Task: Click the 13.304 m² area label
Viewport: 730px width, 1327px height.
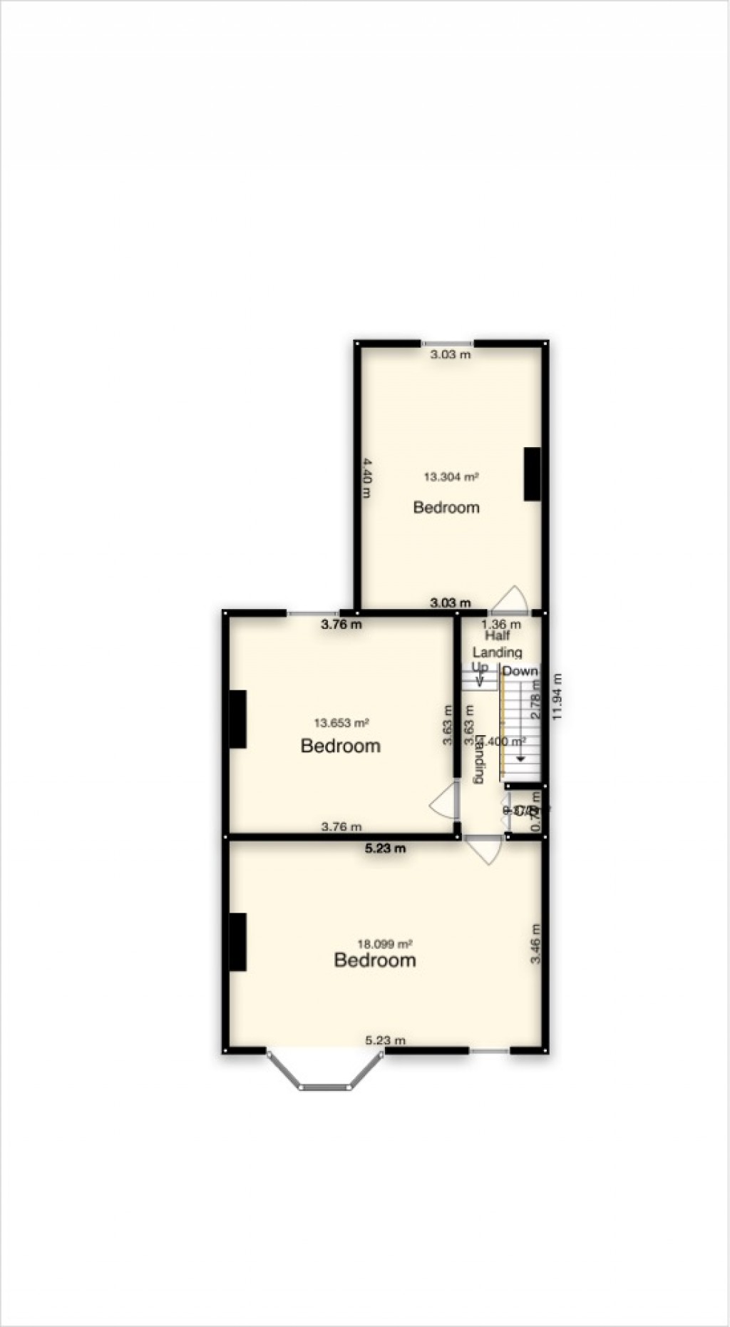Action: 451,477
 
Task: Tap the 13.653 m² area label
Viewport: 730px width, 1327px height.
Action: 341,723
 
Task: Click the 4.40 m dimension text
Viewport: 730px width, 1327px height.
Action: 366,478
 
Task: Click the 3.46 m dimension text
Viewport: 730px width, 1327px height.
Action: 536,945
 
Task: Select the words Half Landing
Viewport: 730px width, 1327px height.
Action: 498,643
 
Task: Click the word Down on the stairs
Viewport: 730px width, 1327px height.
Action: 520,671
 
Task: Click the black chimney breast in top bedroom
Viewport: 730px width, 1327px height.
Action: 532,474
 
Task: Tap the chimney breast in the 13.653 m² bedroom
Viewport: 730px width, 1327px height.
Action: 237,719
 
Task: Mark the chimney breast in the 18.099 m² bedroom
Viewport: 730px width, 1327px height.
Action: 237,942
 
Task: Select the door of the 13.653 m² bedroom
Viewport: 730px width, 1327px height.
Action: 446,804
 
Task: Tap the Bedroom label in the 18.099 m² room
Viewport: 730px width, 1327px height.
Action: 375,960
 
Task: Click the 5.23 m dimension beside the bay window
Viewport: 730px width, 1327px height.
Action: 385,1040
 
